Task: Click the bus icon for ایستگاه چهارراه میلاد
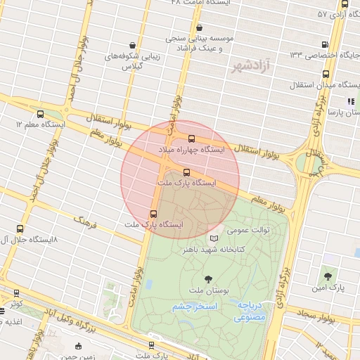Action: tap(192, 138)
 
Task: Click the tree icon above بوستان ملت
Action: tap(207, 279)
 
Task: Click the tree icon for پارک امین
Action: tap(328, 274)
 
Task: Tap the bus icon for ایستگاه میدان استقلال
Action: tap(325, 74)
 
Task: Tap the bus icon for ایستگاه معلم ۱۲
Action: tap(39, 114)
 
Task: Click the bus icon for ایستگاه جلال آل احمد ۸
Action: tap(19, 229)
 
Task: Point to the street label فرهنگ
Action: tap(84, 222)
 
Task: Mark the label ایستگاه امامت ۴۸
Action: tap(198, 3)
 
